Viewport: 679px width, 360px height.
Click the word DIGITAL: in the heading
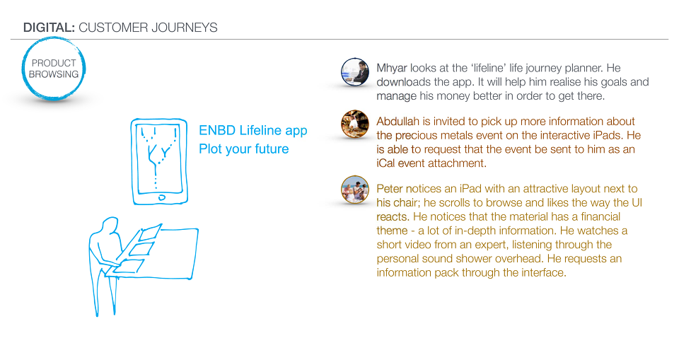coord(49,28)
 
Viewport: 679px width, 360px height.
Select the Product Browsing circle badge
coord(54,69)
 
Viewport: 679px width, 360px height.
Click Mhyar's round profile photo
coord(355,72)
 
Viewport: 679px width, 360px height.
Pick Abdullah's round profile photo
coord(355,124)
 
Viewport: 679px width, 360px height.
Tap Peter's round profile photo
coord(355,190)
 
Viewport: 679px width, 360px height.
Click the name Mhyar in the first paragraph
coord(392,69)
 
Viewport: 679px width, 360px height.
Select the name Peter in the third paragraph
coord(389,189)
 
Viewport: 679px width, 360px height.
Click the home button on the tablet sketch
coord(161,197)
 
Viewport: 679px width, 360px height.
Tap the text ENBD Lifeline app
coord(253,130)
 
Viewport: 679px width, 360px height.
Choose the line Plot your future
coord(244,149)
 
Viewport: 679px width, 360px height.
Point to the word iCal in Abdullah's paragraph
coord(386,163)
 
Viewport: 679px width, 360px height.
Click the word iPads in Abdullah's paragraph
coord(608,135)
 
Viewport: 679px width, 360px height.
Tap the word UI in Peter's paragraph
coord(637,203)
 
